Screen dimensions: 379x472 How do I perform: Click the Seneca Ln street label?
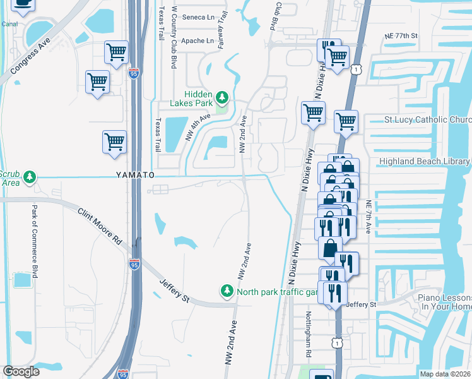pyautogui.click(x=198, y=17)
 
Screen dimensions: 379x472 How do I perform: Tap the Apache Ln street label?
pyautogui.click(x=198, y=40)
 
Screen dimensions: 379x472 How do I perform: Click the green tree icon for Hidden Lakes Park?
pyautogui.click(x=221, y=97)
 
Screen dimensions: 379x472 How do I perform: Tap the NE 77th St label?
pyautogui.click(x=401, y=37)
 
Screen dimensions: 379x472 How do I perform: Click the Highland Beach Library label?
pyautogui.click(x=424, y=162)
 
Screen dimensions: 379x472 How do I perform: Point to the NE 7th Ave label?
pyautogui.click(x=369, y=217)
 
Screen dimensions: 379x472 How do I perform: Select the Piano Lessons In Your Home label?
pyautogui.click(x=442, y=302)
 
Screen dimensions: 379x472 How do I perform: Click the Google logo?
pyautogui.click(x=21, y=371)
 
